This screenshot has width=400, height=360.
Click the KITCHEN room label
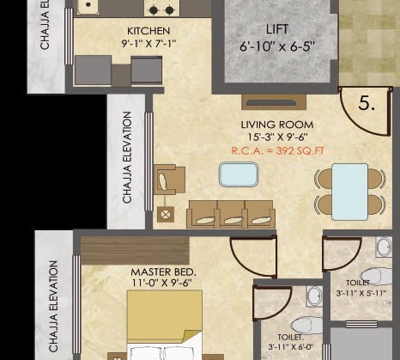tap(142, 31)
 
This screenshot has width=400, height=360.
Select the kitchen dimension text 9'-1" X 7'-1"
tap(142, 44)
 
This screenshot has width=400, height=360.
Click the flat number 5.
tap(367, 104)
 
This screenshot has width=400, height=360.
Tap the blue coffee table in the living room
tap(238, 174)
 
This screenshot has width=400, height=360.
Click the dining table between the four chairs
tap(350, 191)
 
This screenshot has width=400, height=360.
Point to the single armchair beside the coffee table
tap(168, 180)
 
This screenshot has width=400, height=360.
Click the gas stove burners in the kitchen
tap(159, 8)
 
